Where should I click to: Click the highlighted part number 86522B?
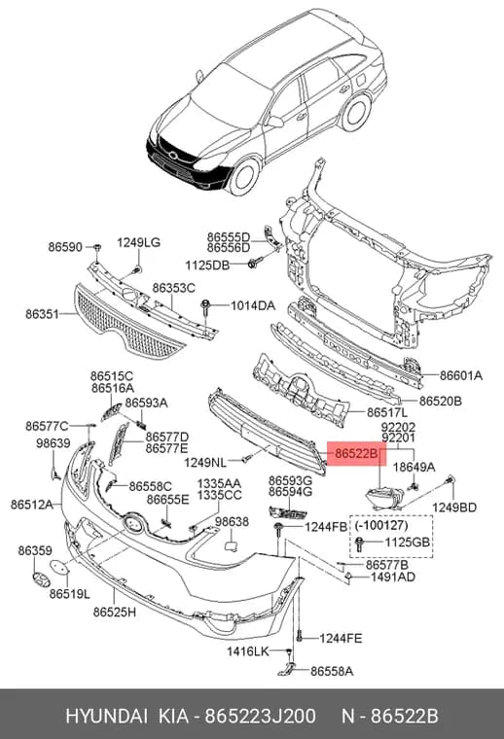pos(356,454)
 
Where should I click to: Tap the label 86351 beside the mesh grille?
pos(42,314)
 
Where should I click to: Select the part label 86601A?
pos(461,375)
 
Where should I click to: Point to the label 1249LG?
pos(138,243)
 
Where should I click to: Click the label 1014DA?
pos(253,306)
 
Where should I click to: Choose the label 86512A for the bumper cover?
pos(32,505)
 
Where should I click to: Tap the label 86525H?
pos(115,613)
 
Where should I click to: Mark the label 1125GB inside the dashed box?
pos(408,542)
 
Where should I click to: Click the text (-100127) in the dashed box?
pos(381,524)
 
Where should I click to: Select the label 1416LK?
pos(247,651)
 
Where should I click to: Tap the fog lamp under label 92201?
pos(385,499)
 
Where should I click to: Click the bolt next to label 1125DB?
pos(253,263)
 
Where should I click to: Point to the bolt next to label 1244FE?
pos(299,636)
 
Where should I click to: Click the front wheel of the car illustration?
pos(244,177)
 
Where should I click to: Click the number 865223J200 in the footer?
pos(260,716)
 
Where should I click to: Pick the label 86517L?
pos(387,412)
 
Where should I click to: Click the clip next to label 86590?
pos(96,247)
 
